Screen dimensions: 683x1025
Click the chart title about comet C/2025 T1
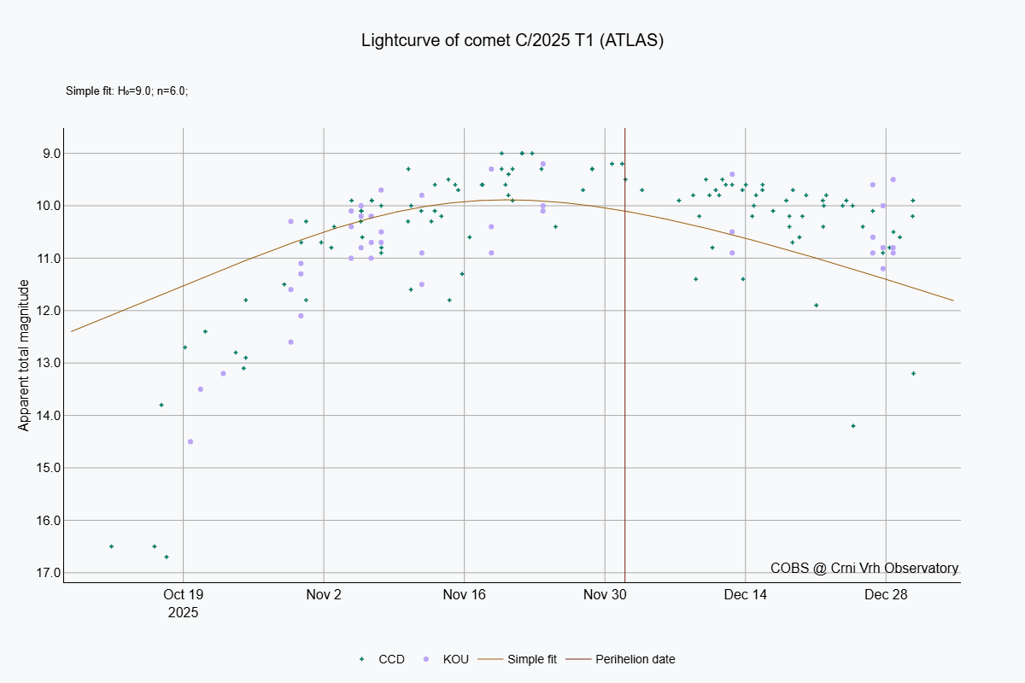512,40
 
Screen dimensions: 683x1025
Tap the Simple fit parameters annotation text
126,90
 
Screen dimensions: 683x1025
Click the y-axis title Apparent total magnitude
24,354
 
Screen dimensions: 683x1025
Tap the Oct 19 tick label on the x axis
183,594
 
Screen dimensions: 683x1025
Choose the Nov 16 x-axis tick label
464,594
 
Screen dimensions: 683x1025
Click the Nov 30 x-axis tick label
605,594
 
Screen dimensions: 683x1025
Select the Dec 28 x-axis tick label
886,594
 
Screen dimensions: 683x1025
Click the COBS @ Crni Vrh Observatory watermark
864,568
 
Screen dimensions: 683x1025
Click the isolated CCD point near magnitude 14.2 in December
853,426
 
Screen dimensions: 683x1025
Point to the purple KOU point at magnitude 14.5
190,441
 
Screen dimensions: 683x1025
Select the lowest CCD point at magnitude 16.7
167,557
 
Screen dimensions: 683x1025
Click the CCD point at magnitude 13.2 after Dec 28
913,373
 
